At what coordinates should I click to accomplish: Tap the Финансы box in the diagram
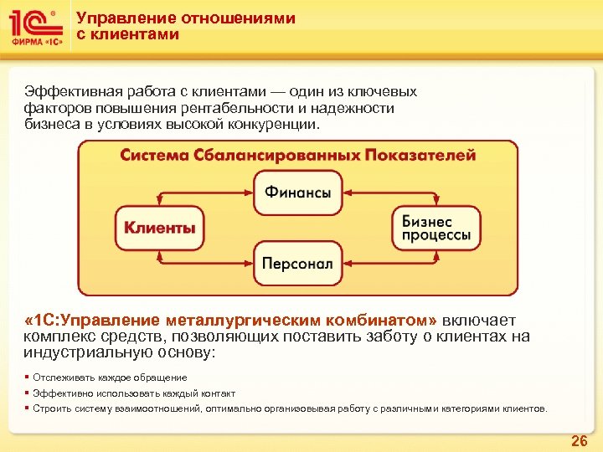coord(298,192)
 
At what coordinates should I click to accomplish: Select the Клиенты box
coord(159,226)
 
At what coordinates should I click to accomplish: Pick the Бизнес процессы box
coord(436,228)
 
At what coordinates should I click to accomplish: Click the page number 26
coord(579,440)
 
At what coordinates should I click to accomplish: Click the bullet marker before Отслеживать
coord(27,378)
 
